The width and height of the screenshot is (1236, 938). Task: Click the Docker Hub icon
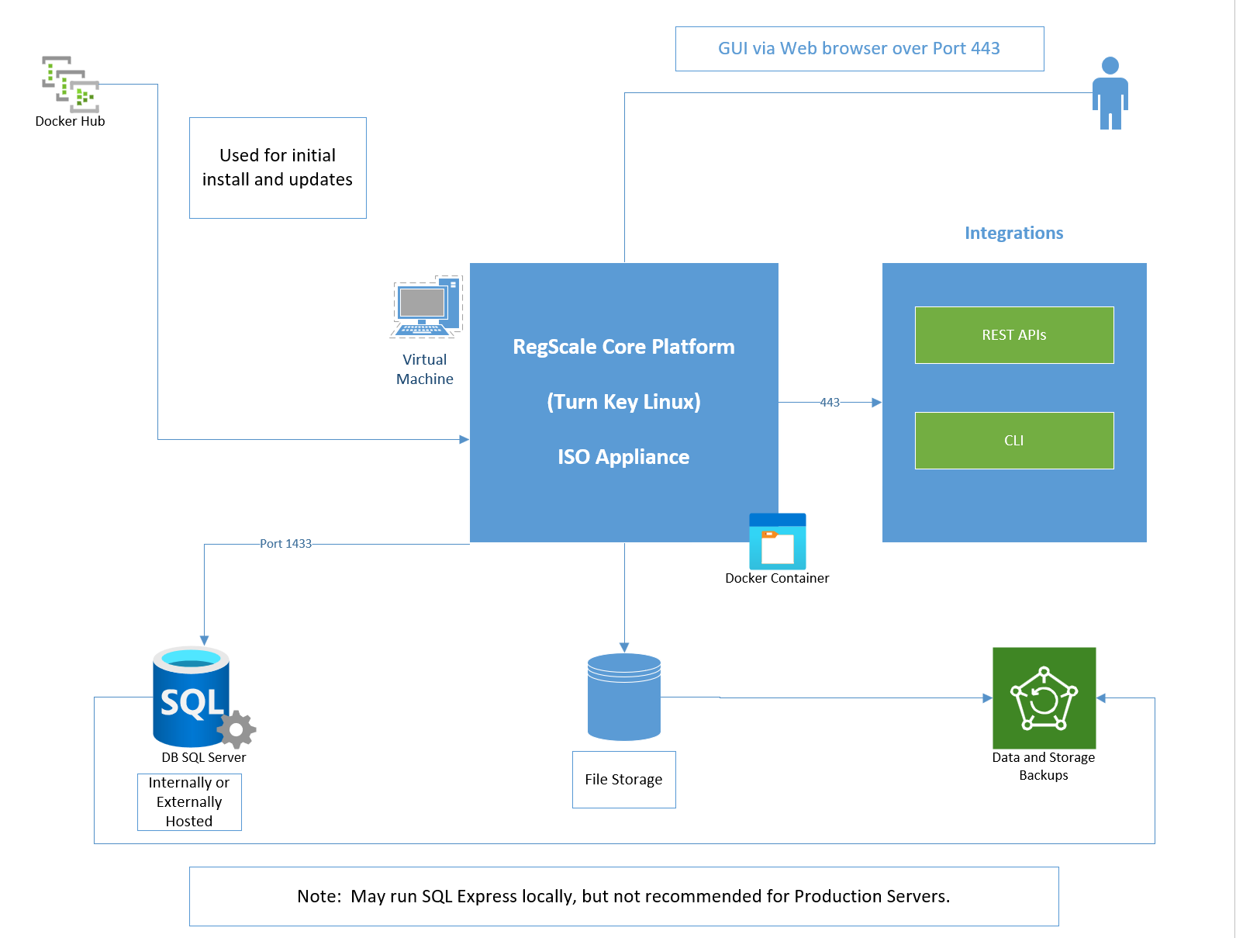[71, 84]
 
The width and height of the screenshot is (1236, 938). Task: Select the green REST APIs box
[1014, 335]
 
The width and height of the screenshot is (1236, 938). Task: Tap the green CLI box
[1014, 441]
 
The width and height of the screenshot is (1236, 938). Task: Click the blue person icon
[1110, 93]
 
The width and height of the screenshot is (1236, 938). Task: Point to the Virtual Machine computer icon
[426, 307]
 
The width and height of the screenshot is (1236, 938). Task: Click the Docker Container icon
[777, 542]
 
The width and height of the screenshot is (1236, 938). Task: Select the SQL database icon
[197, 697]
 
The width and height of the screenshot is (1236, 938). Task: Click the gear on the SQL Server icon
[236, 729]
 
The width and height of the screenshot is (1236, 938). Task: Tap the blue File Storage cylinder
[624, 697]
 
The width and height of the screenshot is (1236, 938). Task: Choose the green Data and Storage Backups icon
[1044, 698]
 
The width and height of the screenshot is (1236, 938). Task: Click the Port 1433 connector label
[285, 544]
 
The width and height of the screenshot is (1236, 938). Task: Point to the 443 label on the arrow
[830, 402]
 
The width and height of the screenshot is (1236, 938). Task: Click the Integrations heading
[1014, 233]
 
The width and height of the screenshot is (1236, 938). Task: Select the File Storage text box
[624, 780]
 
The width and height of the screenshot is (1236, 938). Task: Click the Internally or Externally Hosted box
[189, 801]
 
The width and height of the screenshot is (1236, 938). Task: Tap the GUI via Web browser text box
[859, 48]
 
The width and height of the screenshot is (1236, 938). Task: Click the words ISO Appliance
[623, 457]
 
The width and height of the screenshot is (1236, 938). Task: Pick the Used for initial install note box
[278, 168]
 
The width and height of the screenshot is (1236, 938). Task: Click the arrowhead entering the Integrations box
[877, 402]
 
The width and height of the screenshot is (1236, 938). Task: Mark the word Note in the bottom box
[319, 896]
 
